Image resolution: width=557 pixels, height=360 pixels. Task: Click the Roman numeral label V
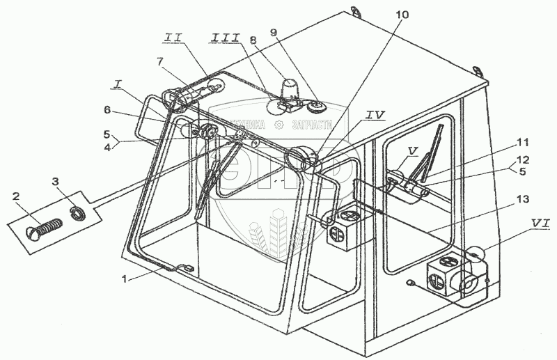tap(412, 148)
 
